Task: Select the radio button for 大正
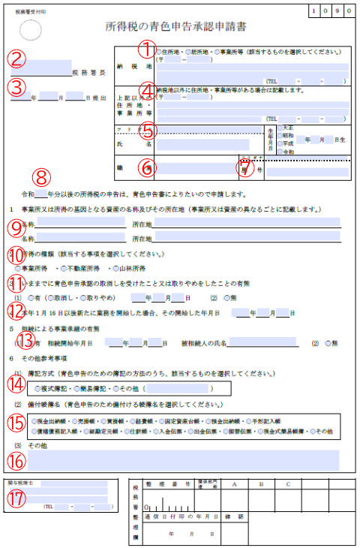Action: (x=280, y=128)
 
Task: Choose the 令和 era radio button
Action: (x=280, y=151)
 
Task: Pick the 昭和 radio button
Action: (x=280, y=135)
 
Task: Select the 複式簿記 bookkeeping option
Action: (x=37, y=389)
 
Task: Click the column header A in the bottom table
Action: (x=235, y=484)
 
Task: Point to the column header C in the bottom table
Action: (x=288, y=484)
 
